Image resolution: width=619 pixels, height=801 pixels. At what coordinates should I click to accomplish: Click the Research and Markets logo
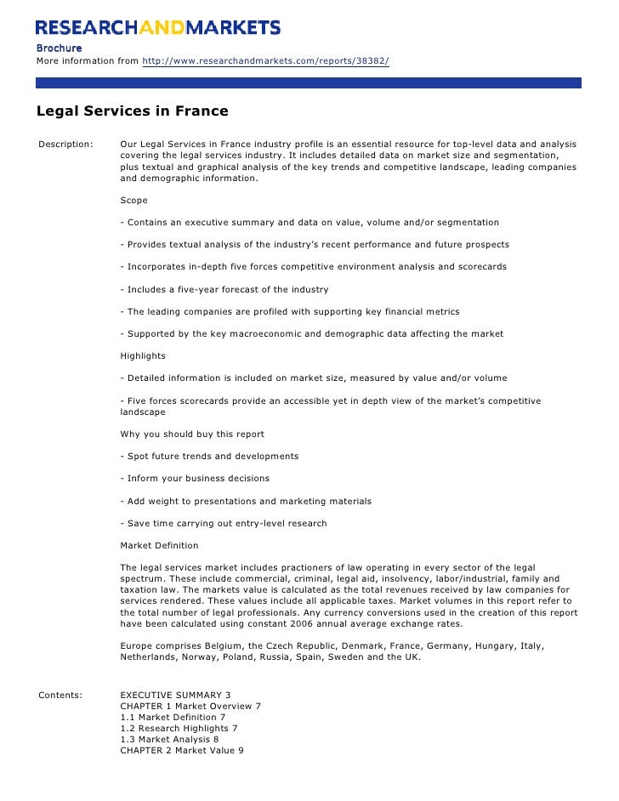tap(158, 27)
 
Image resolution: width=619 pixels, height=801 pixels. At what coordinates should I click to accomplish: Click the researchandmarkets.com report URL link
tap(265, 61)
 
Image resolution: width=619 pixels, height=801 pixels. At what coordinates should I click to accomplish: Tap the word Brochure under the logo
tap(59, 48)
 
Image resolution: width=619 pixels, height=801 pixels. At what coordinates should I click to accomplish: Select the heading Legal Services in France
tap(132, 111)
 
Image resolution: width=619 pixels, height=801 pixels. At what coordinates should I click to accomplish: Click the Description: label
tap(65, 145)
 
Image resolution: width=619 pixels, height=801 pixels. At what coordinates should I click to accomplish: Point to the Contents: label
tap(61, 695)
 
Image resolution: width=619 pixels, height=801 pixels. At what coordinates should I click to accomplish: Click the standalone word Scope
tap(134, 201)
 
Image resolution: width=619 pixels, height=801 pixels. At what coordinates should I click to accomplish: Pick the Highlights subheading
tap(143, 356)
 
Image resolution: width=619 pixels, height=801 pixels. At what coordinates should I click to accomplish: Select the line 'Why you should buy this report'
tap(192, 435)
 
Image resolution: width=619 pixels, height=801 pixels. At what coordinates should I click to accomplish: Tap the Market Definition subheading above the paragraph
tap(160, 545)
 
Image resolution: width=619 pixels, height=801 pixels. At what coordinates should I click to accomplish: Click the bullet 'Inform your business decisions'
tap(195, 479)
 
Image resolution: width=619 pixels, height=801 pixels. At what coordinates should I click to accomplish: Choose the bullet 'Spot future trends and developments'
tap(209, 457)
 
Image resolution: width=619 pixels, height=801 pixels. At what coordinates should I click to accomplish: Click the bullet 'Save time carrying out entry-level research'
tap(224, 523)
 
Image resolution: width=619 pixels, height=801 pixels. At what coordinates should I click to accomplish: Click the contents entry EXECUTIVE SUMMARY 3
tap(176, 695)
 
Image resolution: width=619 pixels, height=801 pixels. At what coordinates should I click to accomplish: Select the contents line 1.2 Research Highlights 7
tap(179, 729)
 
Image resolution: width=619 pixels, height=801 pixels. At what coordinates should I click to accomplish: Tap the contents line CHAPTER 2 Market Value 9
tap(182, 751)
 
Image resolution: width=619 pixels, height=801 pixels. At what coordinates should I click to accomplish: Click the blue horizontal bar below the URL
tap(309, 83)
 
